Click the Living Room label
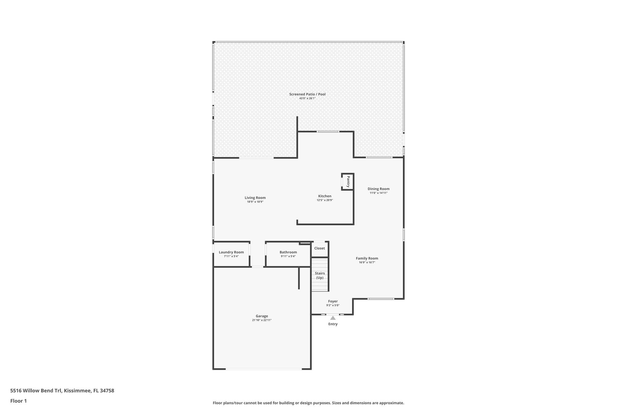[255, 198]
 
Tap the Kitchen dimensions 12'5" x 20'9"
[324, 200]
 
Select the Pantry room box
[347, 182]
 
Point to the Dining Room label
[378, 189]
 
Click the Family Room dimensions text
[367, 263]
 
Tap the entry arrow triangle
[333, 318]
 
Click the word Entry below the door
[333, 324]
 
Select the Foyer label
[333, 301]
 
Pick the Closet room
[319, 248]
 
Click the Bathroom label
[288, 252]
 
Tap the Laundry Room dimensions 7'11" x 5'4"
[231, 257]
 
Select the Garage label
[262, 316]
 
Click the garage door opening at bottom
[263, 369]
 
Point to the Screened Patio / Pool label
[307, 94]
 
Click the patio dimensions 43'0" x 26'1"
[307, 98]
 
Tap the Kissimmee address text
[62, 391]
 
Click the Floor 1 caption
[18, 401]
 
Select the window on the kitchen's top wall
[328, 132]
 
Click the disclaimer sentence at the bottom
[308, 403]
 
